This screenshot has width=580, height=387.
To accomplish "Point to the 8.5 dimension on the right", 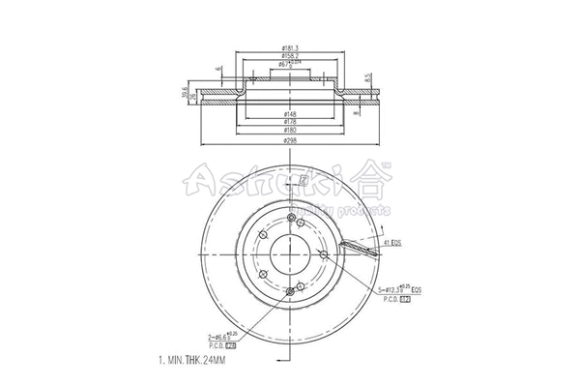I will pyautogui.click(x=368, y=77).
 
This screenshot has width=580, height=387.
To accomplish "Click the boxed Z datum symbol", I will pyautogui.click(x=304, y=179).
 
